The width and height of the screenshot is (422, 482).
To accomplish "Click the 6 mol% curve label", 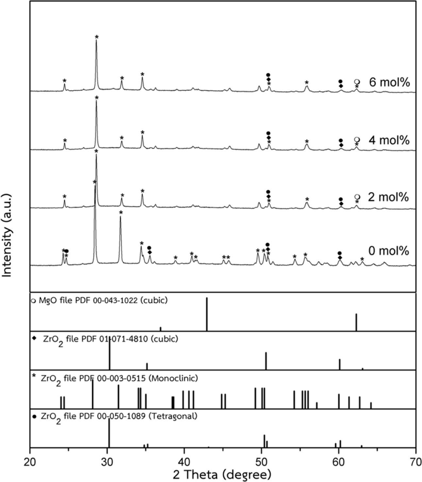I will (x=389, y=82).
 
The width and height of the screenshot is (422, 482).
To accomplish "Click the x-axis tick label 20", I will (x=30, y=462).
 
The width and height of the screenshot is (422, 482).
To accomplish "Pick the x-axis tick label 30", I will (x=107, y=462).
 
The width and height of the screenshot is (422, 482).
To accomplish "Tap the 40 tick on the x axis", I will (x=184, y=462).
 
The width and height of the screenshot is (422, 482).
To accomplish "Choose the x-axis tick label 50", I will (x=262, y=462).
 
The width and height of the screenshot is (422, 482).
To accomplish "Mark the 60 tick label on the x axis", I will (x=339, y=462).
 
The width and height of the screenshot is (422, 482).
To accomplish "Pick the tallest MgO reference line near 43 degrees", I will (x=207, y=314).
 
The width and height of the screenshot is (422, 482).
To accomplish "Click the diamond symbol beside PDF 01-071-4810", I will (x=34, y=338).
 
